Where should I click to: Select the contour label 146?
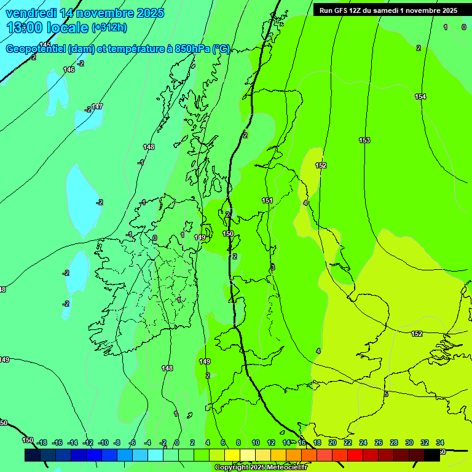[x=69, y=69]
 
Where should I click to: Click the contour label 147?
[x=97, y=106]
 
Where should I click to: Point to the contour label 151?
[x=267, y=200]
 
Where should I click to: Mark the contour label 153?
[x=364, y=140]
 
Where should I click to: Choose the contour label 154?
[x=420, y=96]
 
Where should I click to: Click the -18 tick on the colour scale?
[x=42, y=442]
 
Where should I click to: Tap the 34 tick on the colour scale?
[x=440, y=442]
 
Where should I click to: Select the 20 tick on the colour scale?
[x=332, y=442]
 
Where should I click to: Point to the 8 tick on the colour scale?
[x=238, y=442]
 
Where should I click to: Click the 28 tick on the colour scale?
[x=394, y=442]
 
